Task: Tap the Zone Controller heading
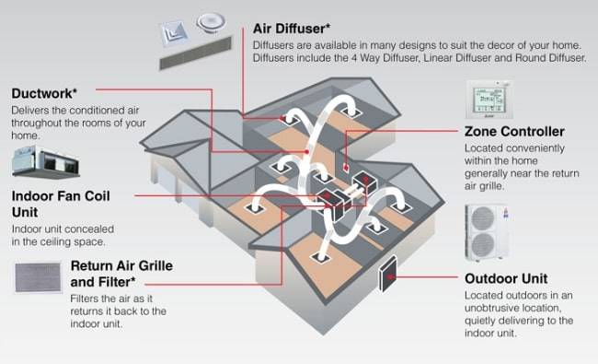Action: pyautogui.click(x=514, y=132)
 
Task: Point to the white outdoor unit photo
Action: pyautogui.click(x=486, y=232)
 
